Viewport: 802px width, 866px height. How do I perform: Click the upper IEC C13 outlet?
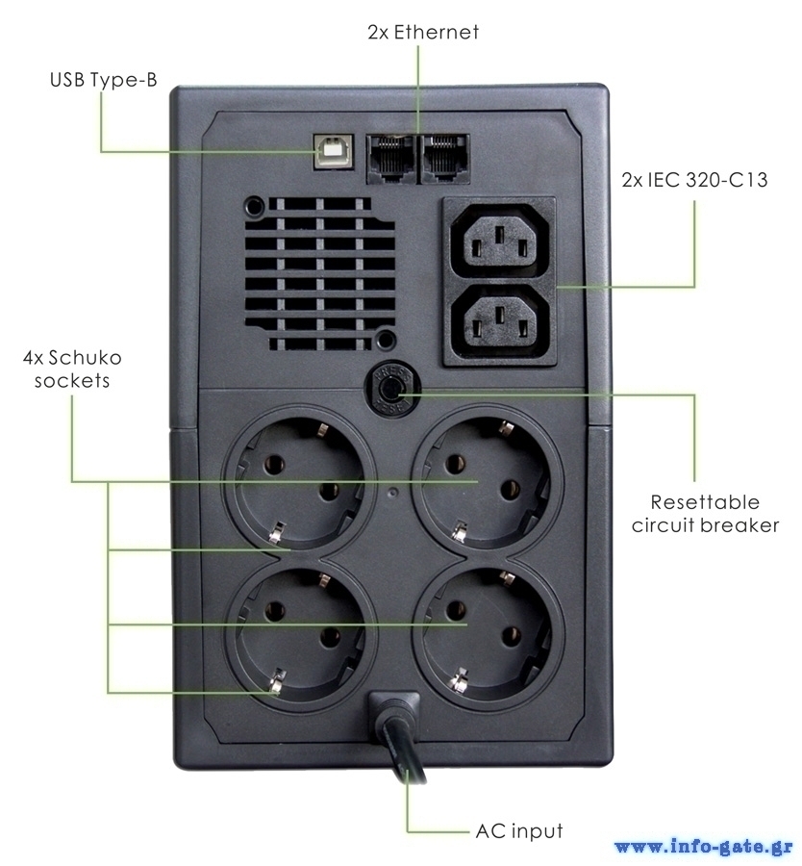pos(499,241)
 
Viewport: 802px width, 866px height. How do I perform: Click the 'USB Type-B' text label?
pos(103,80)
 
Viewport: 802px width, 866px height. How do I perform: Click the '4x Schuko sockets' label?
pos(73,369)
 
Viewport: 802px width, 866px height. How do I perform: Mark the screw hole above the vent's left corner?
pos(255,206)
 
